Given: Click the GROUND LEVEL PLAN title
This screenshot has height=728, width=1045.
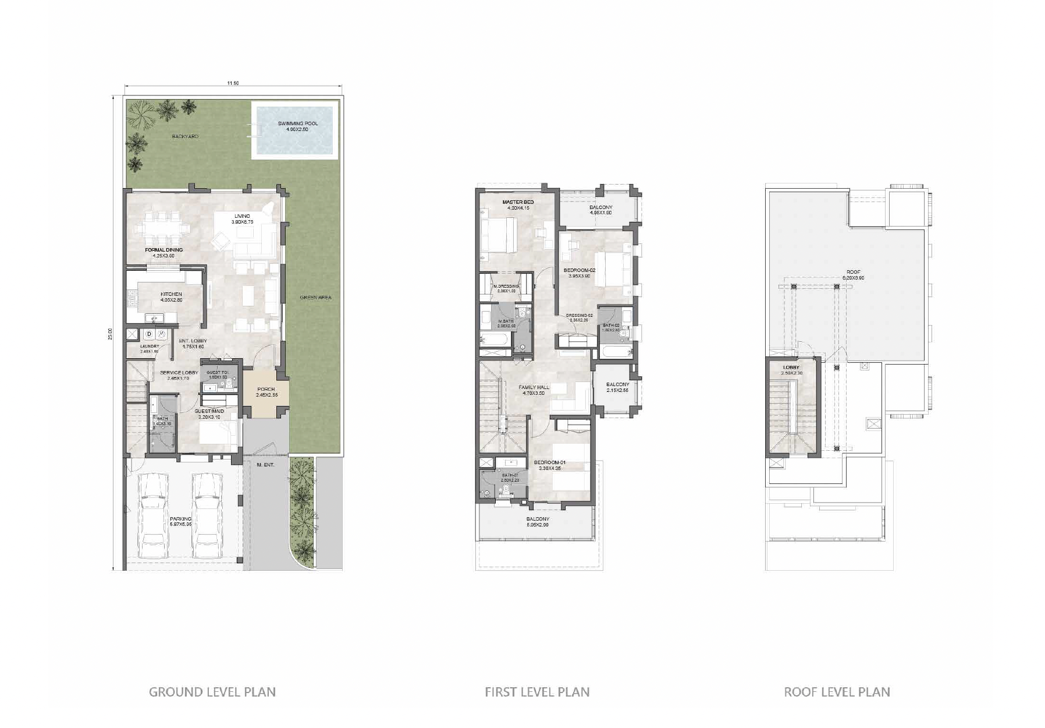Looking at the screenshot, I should pyautogui.click(x=212, y=692).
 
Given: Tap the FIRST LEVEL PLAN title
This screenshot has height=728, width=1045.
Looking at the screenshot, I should pyautogui.click(x=537, y=692).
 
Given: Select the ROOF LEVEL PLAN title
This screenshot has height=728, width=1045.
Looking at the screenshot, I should pyautogui.click(x=837, y=692).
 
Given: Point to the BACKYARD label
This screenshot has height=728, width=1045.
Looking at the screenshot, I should pyautogui.click(x=185, y=137).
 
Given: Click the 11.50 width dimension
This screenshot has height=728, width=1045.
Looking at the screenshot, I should pyautogui.click(x=233, y=83).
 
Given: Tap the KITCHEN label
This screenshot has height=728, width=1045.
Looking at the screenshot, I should pyautogui.click(x=171, y=295).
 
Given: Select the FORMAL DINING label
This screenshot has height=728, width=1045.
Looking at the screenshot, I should pyautogui.click(x=163, y=250).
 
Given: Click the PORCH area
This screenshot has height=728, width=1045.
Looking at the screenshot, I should pyautogui.click(x=265, y=392).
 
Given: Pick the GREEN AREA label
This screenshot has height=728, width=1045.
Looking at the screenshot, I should pyautogui.click(x=315, y=298).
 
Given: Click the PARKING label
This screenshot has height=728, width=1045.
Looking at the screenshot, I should pyautogui.click(x=180, y=519).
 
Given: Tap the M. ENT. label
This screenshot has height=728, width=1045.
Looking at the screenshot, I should pyautogui.click(x=265, y=465).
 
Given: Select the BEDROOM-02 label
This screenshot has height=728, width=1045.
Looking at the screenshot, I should pyautogui.click(x=580, y=271).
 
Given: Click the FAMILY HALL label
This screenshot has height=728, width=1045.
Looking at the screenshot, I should pyautogui.click(x=534, y=387).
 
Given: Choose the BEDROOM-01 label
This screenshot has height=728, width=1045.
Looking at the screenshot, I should pyautogui.click(x=549, y=463).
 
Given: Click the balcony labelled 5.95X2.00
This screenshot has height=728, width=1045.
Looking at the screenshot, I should pyautogui.click(x=537, y=522).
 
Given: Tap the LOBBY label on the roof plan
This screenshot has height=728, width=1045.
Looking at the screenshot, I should pyautogui.click(x=791, y=367).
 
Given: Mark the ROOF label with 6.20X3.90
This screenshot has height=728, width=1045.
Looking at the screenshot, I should pyautogui.click(x=853, y=273).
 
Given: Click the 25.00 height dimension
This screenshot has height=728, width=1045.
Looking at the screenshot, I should pyautogui.click(x=110, y=333).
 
